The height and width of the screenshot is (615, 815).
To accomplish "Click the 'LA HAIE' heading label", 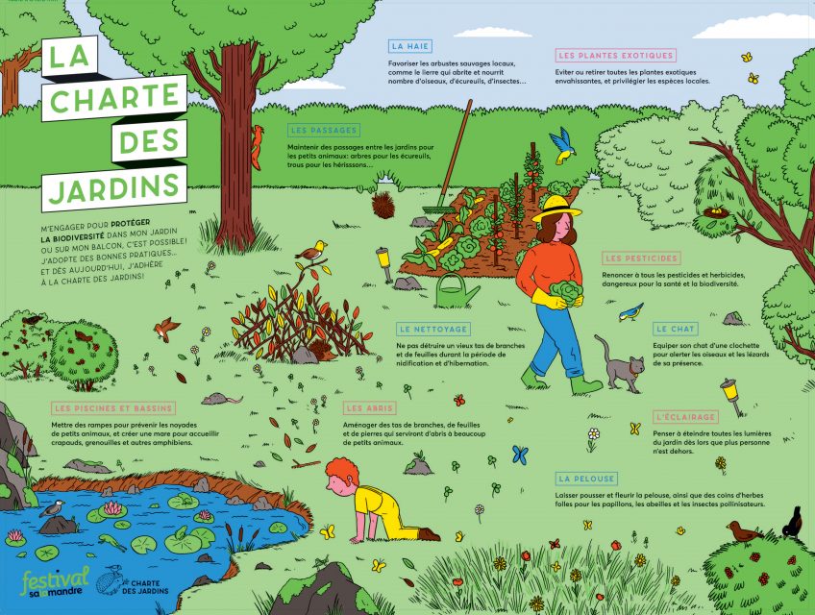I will click(409, 45).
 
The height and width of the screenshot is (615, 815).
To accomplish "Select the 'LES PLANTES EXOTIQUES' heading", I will click(616, 55).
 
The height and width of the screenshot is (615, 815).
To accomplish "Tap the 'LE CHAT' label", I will click(676, 329).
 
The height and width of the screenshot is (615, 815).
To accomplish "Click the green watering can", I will click(460, 288).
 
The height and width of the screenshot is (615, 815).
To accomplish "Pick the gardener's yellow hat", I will click(556, 207).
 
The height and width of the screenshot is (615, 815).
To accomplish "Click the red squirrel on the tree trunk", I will click(257, 147).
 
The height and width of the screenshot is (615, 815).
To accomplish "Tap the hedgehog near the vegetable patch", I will click(384, 204).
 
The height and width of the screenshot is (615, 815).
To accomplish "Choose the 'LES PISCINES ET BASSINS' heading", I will click(114, 408).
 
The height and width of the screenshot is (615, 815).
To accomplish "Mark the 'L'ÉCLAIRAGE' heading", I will click(685, 416).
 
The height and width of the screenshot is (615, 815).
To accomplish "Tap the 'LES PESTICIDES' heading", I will click(642, 258).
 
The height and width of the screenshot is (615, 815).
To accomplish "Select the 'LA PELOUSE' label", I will click(586, 478).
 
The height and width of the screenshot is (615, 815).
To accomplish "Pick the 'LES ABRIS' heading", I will click(369, 408).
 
